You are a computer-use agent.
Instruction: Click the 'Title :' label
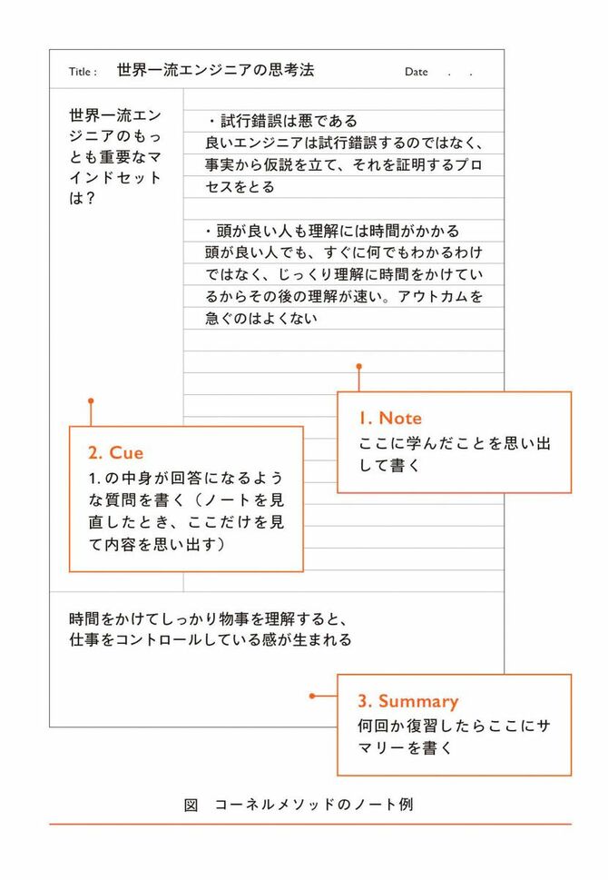coord(83,72)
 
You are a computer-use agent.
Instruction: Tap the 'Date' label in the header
coord(417,72)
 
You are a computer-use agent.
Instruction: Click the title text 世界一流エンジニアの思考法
coord(215,70)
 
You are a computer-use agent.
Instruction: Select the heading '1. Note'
coord(390,418)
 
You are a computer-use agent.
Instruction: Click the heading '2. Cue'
coord(115,453)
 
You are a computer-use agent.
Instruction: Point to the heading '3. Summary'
coord(407,701)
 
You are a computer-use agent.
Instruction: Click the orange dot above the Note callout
coord(359,367)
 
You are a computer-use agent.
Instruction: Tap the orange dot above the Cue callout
coord(91,400)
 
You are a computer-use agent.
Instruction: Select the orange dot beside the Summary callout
coord(312,696)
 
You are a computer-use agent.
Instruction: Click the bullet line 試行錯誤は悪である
coord(282,121)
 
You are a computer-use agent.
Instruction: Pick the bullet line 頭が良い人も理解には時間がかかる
coord(332,231)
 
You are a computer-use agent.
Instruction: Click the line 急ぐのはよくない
coord(261,318)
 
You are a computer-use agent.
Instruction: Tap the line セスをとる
coord(240,187)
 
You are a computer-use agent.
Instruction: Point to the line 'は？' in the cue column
coord(82,198)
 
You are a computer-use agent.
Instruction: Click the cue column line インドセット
coord(115,177)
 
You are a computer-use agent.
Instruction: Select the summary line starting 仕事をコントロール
coord(211,640)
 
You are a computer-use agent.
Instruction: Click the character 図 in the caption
coord(191,805)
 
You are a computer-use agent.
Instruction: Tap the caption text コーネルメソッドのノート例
coord(314,805)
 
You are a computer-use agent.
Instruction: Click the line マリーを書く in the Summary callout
coord(405,748)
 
